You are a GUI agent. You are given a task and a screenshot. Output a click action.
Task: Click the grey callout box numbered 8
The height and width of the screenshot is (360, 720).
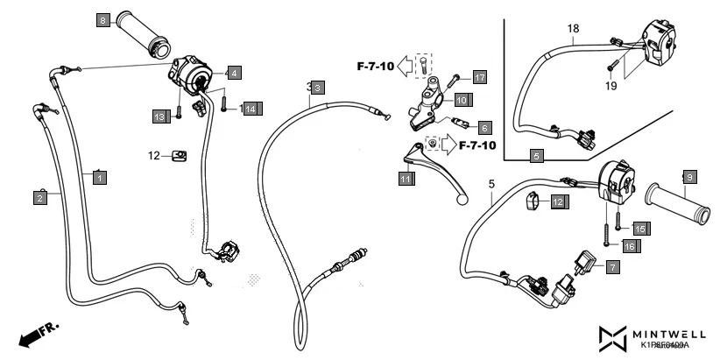point(103,19)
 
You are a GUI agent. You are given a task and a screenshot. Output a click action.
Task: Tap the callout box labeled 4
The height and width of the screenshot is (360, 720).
point(235,72)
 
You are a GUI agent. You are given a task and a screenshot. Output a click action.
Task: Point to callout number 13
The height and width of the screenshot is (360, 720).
point(159,116)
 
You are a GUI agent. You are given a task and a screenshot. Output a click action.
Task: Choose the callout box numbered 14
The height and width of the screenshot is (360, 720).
point(250,109)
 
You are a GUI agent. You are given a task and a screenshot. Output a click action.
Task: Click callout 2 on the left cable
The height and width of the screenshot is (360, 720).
point(40,199)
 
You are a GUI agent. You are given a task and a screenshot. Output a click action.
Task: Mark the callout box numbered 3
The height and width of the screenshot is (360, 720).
point(318,88)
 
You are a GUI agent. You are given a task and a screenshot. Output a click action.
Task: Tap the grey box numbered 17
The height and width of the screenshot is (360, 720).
point(479,77)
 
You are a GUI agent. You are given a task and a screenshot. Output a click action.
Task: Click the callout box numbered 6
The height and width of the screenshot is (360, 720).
point(484,128)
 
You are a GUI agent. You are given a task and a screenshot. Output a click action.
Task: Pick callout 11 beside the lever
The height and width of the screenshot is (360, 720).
point(406,179)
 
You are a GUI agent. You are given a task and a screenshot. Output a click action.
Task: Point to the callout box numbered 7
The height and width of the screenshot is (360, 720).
point(611,265)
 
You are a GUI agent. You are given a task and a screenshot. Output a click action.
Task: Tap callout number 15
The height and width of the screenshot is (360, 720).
point(639,228)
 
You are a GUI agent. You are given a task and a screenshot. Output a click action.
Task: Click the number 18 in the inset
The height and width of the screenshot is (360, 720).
point(573,29)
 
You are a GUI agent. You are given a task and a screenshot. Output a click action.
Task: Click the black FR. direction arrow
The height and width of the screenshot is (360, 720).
point(35,334)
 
